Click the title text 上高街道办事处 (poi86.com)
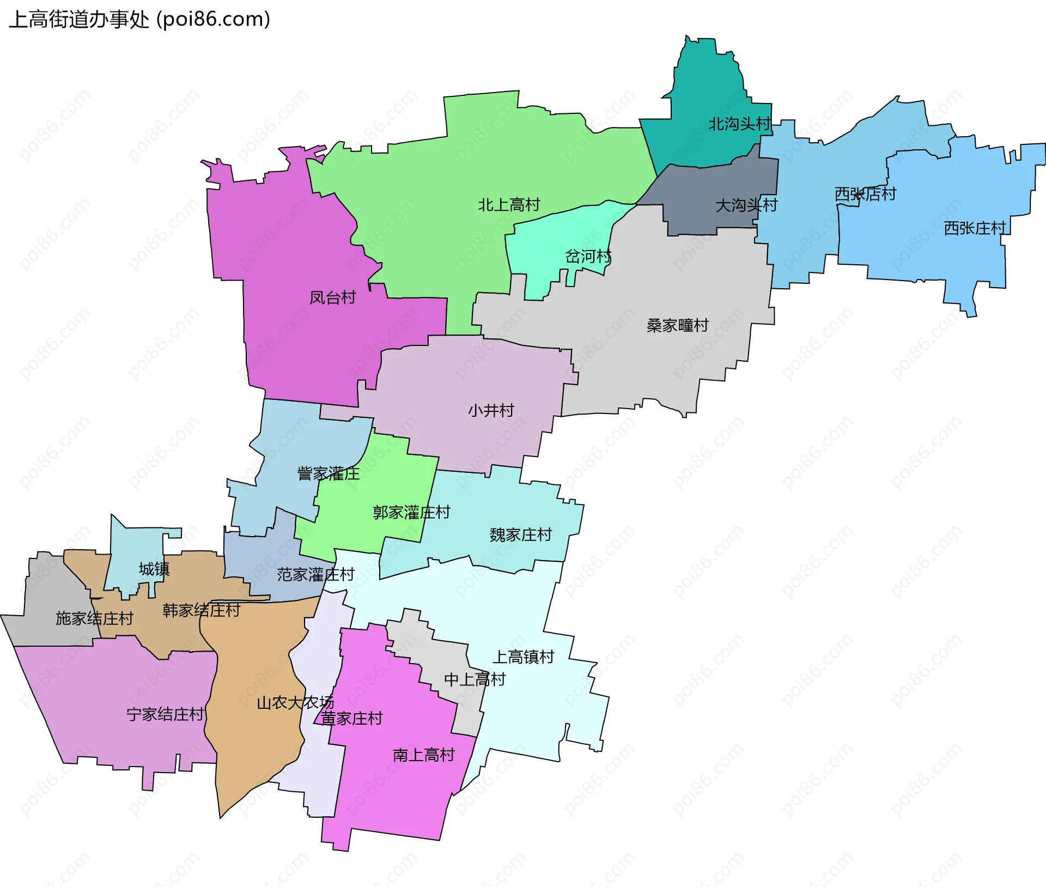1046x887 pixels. [139, 20]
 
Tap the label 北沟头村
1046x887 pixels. [739, 124]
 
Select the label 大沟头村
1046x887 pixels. [746, 205]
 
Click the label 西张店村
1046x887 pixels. [865, 194]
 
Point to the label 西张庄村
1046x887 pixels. [974, 228]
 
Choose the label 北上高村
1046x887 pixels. [509, 205]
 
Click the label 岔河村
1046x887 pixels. [588, 256]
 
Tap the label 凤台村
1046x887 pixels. [332, 297]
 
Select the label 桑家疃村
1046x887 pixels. [677, 325]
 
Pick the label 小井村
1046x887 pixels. [491, 410]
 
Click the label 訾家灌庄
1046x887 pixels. [328, 473]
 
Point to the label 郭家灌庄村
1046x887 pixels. [411, 512]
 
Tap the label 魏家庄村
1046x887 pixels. [520, 534]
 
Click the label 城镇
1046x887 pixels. [154, 569]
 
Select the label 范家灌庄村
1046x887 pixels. [315, 574]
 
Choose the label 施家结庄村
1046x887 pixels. [94, 618]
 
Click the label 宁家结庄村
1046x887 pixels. [165, 714]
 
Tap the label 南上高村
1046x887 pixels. [423, 755]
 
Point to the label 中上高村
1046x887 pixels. [475, 679]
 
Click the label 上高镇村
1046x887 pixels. [523, 657]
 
